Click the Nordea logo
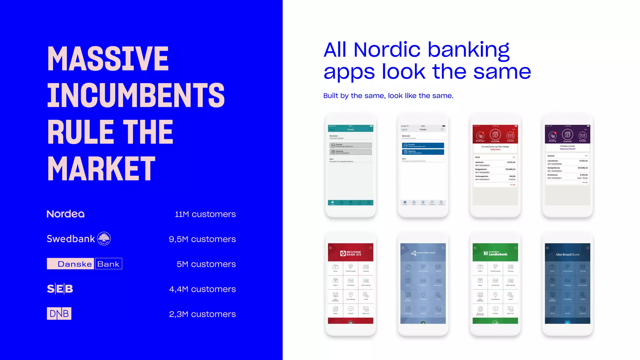pos(66,214)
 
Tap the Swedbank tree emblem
pos(104,239)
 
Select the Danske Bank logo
pos(84,264)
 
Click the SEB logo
pos(60,289)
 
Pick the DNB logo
pos(59,313)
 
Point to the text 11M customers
pos(205,214)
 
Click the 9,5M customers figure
pos(202,239)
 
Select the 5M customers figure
pos(206,264)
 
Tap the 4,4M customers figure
pos(202,289)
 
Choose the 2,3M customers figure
pos(202,314)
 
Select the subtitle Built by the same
pos(388,96)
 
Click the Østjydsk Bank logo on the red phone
pos(351,253)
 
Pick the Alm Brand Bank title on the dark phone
pos(567,254)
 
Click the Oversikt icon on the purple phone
pos(567,135)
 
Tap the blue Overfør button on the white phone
pos(423,145)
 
